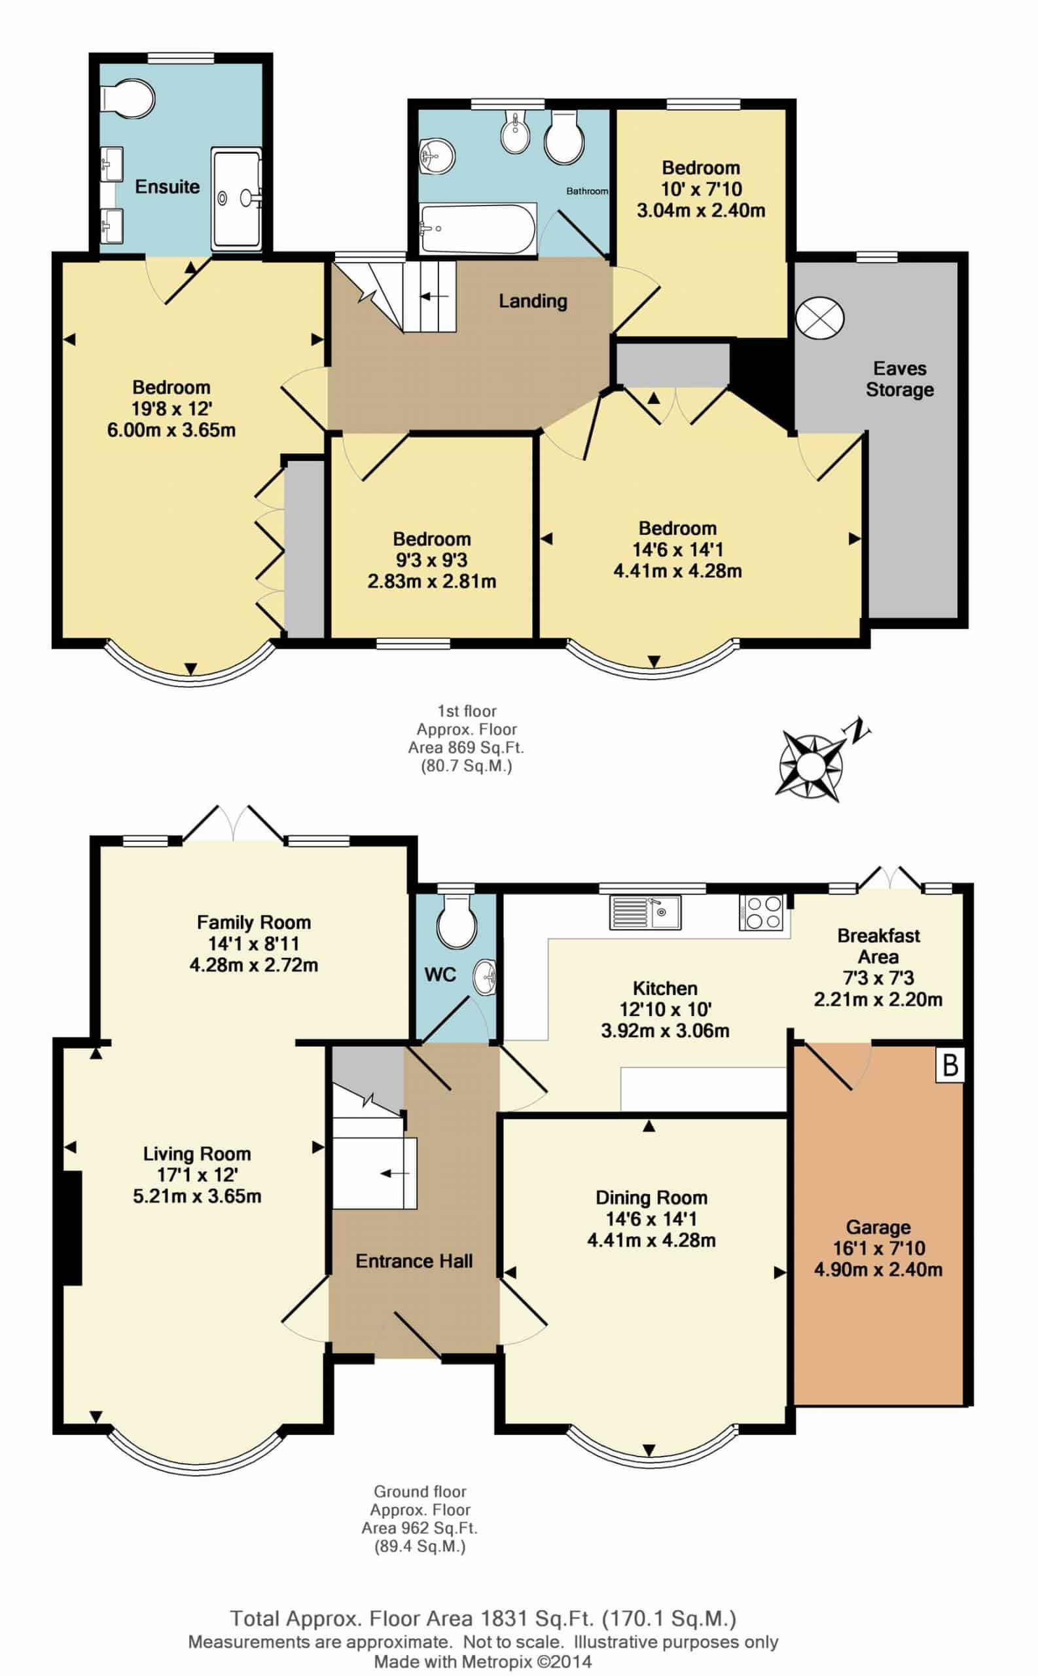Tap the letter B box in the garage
pyautogui.click(x=950, y=1066)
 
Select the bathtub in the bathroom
pyautogui.click(x=478, y=228)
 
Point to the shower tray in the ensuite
pyautogui.click(x=237, y=198)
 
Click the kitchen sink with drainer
pyautogui.click(x=645, y=912)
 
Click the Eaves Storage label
pyautogui.click(x=899, y=379)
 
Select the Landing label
pyautogui.click(x=533, y=301)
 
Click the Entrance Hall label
pyautogui.click(x=414, y=1261)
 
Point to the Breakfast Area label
pyautogui.click(x=879, y=945)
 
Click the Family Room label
pyautogui.click(x=254, y=922)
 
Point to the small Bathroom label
pyautogui.click(x=587, y=191)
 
